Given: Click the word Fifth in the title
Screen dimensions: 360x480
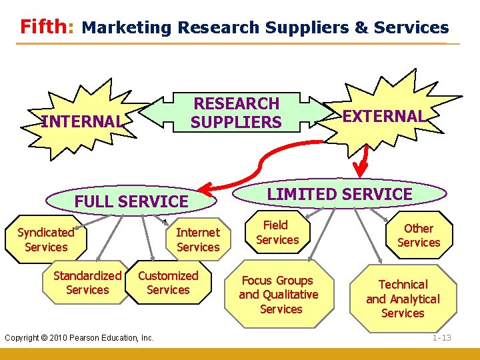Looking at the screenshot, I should (x=44, y=27).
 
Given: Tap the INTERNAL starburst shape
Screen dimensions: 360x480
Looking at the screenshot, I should (x=82, y=121).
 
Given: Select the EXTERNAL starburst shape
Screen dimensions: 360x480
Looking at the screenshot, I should (x=383, y=116).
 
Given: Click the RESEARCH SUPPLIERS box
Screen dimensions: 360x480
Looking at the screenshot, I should (x=236, y=113).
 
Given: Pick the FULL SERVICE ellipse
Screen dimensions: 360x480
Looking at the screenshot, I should (x=131, y=201).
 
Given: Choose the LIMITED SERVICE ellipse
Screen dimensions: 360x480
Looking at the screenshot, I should (x=340, y=194).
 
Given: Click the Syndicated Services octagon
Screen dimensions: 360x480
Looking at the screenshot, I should (x=45, y=239).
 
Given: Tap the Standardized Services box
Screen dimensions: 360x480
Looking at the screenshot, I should (x=87, y=283).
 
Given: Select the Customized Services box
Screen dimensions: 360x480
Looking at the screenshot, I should (x=168, y=283).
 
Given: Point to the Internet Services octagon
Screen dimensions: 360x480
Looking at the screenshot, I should (x=197, y=239).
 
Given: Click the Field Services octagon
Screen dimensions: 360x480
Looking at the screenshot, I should (x=277, y=233).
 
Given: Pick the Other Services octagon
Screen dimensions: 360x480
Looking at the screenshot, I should (x=419, y=235).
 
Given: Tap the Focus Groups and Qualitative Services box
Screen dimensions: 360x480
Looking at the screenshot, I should (x=279, y=295).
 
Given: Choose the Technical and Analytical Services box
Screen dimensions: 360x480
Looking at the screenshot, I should (x=403, y=299).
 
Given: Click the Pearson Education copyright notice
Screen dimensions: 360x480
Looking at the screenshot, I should (x=79, y=338).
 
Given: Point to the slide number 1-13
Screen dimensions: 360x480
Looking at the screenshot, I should (x=441, y=338).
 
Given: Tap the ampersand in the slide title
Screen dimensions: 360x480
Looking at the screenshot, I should (x=361, y=27).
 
